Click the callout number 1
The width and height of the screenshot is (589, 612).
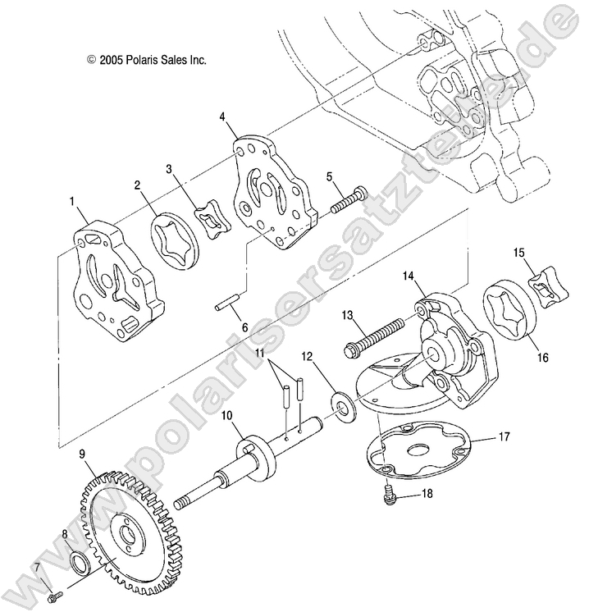point(72,200)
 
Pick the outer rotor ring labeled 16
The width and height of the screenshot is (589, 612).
point(506,307)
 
